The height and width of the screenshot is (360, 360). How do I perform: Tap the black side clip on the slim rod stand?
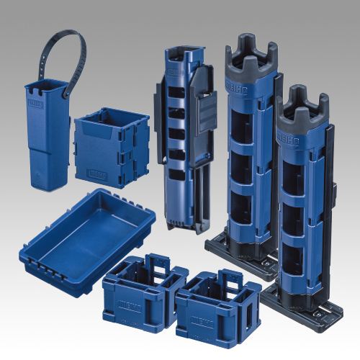pyautogui.click(x=206, y=112)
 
